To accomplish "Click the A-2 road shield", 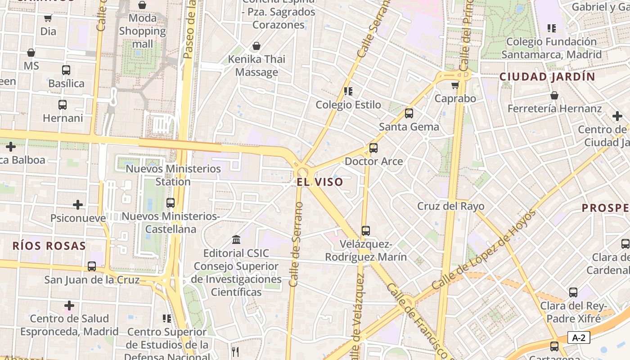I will [x=579, y=337].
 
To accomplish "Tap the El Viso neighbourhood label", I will [x=320, y=182].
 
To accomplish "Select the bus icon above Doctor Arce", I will [x=373, y=148].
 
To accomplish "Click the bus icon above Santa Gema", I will [x=409, y=113].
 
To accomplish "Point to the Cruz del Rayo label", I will [x=450, y=206].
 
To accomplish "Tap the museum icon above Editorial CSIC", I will [x=236, y=239].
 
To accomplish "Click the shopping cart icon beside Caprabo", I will [x=455, y=85].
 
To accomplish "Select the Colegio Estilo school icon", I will [x=348, y=91].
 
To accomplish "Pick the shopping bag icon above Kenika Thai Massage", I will [x=256, y=46].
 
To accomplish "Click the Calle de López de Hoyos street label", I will [x=484, y=250].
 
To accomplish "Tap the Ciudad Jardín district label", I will [x=547, y=76].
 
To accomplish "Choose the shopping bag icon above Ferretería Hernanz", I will [x=554, y=95].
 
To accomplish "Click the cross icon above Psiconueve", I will [x=78, y=205].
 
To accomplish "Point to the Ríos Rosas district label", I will [x=49, y=246].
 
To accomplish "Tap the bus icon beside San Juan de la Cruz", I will [x=92, y=266].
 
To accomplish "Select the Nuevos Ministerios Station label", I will [x=173, y=175].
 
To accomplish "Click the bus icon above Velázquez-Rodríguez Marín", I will [x=365, y=231].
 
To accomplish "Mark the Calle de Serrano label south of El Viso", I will [x=296, y=244].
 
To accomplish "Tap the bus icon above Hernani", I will [x=63, y=105].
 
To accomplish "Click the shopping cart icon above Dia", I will [x=48, y=18].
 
